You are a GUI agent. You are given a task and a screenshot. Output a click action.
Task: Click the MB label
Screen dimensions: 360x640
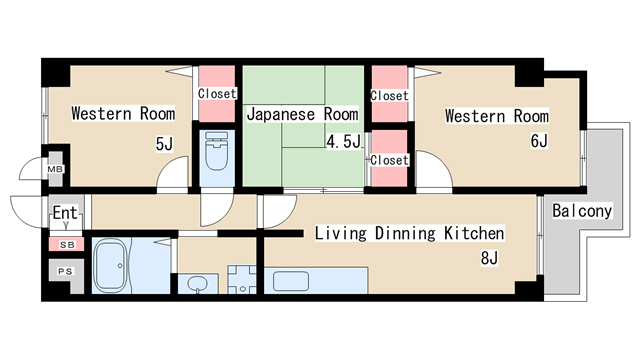tap(54, 170)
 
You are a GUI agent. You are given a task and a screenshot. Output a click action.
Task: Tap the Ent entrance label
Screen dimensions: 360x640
tap(64, 213)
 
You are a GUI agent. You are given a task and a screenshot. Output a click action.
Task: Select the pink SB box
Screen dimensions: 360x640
tap(65, 244)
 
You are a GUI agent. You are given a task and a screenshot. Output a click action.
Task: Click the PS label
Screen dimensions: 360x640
tap(65, 271)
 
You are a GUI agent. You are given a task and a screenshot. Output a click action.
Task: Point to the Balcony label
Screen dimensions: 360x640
tap(581, 211)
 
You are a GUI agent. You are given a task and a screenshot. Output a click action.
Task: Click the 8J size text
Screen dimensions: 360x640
tap(489, 259)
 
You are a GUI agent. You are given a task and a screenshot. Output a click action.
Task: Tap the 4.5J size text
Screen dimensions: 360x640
tap(342, 141)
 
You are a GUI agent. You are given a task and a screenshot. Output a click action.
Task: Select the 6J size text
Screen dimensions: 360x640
tap(538, 141)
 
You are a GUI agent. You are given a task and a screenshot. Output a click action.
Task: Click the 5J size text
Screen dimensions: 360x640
tap(164, 144)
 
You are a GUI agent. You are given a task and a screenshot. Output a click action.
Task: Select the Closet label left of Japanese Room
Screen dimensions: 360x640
tap(217, 94)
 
